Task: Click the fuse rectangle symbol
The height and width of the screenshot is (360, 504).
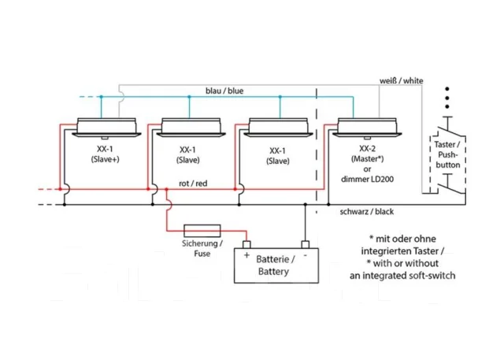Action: pyautogui.click(x=202, y=231)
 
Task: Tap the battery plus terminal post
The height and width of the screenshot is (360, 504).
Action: pyautogui.click(x=246, y=245)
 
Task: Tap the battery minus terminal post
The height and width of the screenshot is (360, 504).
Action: pyautogui.click(x=306, y=245)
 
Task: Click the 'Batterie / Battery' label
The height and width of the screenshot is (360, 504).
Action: pyautogui.click(x=275, y=265)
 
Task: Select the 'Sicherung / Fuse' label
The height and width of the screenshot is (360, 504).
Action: pyautogui.click(x=202, y=248)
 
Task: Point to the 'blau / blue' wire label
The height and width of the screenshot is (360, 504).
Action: pyautogui.click(x=224, y=91)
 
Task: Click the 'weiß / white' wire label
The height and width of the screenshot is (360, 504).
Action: pyautogui.click(x=401, y=80)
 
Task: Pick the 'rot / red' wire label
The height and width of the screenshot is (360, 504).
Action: pyautogui.click(x=193, y=184)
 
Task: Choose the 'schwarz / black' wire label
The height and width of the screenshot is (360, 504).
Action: pyautogui.click(x=367, y=211)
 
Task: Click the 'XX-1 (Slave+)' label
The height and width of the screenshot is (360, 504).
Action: pyautogui.click(x=105, y=154)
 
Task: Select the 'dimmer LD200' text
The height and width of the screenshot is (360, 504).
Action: pyautogui.click(x=367, y=180)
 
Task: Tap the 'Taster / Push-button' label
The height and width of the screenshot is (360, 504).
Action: pyautogui.click(x=447, y=154)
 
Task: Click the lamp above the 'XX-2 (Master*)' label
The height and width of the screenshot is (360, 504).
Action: pyautogui.click(x=367, y=128)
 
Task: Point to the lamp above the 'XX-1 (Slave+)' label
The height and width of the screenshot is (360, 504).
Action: pyautogui.click(x=106, y=128)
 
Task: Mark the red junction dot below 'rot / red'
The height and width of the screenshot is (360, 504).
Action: pyautogui.click(x=166, y=189)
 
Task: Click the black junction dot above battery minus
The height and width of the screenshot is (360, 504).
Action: pyautogui.click(x=306, y=205)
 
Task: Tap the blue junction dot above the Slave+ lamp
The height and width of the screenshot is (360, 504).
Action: pyautogui.click(x=102, y=97)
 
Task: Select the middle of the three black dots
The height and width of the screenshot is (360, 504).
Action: pyautogui.click(x=447, y=98)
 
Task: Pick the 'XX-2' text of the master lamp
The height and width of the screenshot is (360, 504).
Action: pyautogui.click(x=367, y=149)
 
